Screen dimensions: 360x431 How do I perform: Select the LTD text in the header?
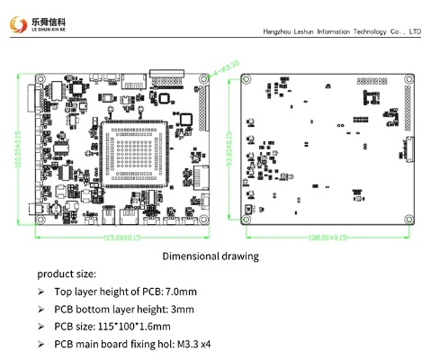415,31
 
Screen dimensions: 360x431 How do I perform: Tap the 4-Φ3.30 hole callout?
226,66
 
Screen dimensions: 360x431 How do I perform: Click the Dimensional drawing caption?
211,256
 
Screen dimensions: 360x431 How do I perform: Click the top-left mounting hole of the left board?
38,78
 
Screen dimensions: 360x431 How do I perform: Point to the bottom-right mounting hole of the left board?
206,222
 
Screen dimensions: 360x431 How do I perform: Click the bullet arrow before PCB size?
40,326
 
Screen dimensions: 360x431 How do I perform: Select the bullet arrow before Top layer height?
40,292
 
